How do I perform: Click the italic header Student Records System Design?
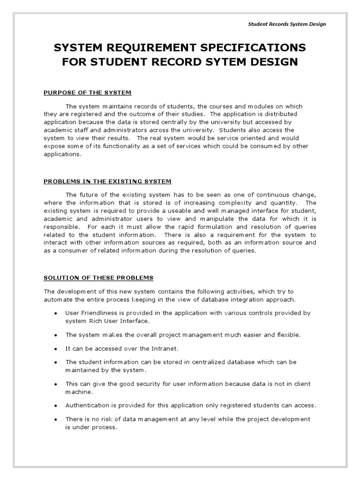(286, 24)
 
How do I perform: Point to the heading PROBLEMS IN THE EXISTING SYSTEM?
(107, 181)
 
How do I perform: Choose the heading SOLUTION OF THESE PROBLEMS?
(98, 277)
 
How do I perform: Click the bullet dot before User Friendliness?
(56, 313)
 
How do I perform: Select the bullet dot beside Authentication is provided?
(56, 405)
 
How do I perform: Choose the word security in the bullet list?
(122, 384)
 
